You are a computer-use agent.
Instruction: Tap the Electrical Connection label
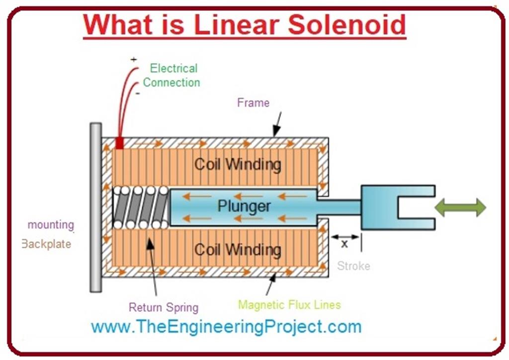pyautogui.click(x=172, y=76)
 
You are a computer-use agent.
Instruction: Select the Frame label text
pyautogui.click(x=253, y=103)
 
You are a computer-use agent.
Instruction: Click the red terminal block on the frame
pyautogui.click(x=119, y=143)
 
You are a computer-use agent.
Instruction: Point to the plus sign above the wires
pyautogui.click(x=133, y=59)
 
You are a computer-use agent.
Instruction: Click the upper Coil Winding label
pyautogui.click(x=238, y=164)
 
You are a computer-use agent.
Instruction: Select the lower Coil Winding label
pyautogui.click(x=238, y=249)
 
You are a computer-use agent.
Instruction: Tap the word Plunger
pyautogui.click(x=244, y=206)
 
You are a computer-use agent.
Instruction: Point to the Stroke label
pyautogui.click(x=353, y=266)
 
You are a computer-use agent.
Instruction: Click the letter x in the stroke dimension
pyautogui.click(x=344, y=244)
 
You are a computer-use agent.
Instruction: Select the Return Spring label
pyautogui.click(x=164, y=307)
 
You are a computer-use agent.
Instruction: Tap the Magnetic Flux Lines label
pyautogui.click(x=289, y=304)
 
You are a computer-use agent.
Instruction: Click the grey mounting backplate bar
pyautogui.click(x=95, y=207)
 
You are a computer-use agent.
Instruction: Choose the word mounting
pyautogui.click(x=51, y=225)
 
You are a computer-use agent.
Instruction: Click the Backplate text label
pyautogui.click(x=46, y=244)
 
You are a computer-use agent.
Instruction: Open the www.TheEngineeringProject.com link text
pyautogui.click(x=226, y=327)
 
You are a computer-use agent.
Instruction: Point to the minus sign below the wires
pyautogui.click(x=138, y=93)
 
